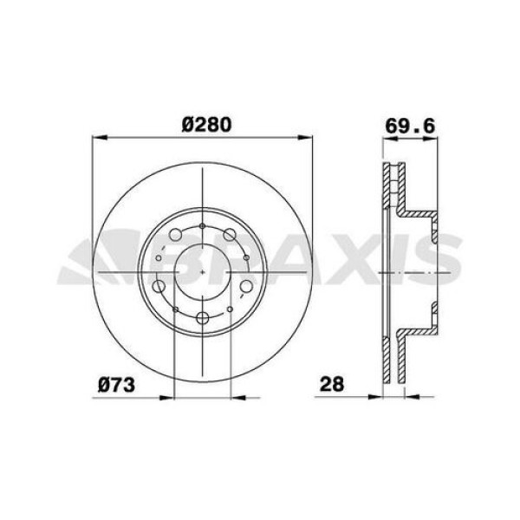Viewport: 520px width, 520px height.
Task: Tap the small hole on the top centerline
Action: (202, 227)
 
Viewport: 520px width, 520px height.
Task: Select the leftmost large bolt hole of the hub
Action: (159, 287)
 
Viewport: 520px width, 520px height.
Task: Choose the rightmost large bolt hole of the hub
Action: (246, 286)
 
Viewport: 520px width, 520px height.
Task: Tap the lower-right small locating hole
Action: (230, 308)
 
